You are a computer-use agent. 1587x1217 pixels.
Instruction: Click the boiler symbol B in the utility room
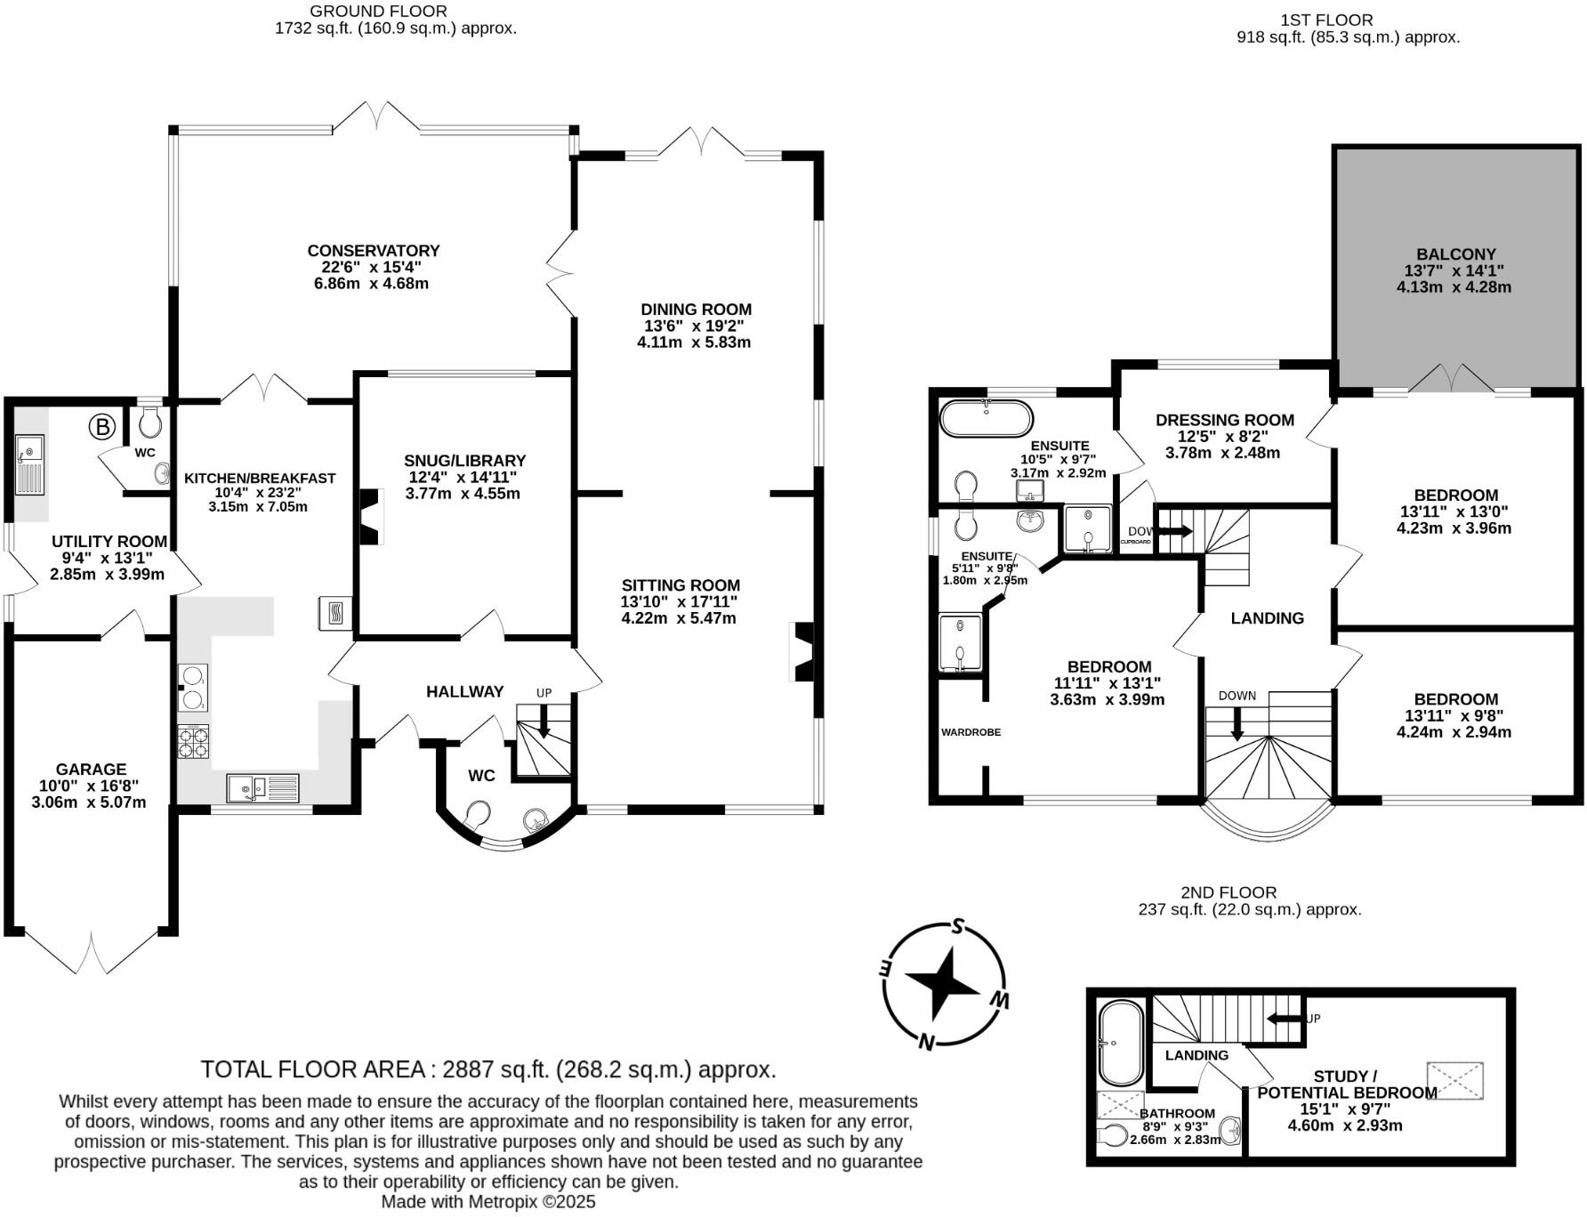pos(102,428)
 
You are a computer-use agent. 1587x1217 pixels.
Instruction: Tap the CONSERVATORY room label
pos(374,251)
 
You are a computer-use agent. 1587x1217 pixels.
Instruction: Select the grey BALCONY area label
pos(1456,254)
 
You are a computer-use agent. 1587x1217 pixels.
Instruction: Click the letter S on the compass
pos(958,926)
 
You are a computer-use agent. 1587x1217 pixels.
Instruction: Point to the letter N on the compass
pos(927,1042)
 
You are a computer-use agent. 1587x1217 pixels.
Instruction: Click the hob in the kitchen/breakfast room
pos(194,742)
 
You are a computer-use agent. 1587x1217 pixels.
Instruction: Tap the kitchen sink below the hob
pos(263,787)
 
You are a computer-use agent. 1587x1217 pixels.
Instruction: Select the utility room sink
pos(30,463)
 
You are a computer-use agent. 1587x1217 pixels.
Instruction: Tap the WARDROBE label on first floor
pos(971,732)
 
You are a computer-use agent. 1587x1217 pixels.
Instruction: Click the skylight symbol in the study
pos(1454,1080)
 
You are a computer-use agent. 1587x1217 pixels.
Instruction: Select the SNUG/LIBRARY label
pos(464,461)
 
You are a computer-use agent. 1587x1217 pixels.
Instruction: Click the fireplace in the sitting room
pos(802,651)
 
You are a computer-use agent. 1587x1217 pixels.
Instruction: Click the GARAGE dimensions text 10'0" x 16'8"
pos(89,786)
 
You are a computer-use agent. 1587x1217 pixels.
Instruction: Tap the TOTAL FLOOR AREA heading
pos(315,1068)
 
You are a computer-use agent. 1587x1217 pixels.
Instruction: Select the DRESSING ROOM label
pos(1224,420)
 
